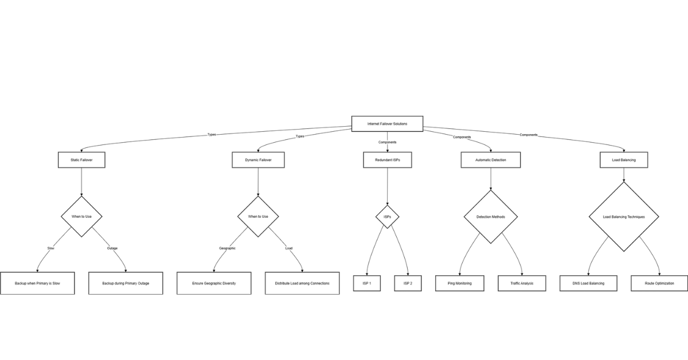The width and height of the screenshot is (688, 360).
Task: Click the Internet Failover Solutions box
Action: (387, 124)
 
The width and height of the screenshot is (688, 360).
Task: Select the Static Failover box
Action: (83, 160)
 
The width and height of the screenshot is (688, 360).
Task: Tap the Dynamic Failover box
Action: (258, 160)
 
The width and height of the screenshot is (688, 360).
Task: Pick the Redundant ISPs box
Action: (387, 160)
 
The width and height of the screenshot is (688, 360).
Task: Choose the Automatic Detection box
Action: (491, 160)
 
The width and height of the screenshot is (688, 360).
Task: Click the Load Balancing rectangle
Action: (624, 160)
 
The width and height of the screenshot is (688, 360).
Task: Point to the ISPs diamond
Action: (387, 217)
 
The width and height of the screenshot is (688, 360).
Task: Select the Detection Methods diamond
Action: (491, 217)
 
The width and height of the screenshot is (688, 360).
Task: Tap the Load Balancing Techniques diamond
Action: (624, 217)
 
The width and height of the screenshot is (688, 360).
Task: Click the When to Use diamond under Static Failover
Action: (82, 216)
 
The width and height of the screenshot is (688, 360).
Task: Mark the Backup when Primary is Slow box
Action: (37, 283)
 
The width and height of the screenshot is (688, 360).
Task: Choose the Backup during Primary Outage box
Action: (126, 283)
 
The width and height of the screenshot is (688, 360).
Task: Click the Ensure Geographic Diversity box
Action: (214, 283)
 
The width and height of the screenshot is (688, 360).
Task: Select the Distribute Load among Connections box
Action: (302, 283)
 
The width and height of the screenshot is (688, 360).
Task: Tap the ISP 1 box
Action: (366, 283)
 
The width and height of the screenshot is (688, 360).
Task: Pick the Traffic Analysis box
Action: (522, 283)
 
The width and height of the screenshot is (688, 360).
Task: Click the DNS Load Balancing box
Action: (589, 283)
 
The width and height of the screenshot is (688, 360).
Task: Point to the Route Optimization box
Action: (659, 283)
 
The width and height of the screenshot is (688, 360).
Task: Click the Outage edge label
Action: (112, 248)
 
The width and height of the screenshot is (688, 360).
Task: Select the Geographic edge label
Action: (227, 248)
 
